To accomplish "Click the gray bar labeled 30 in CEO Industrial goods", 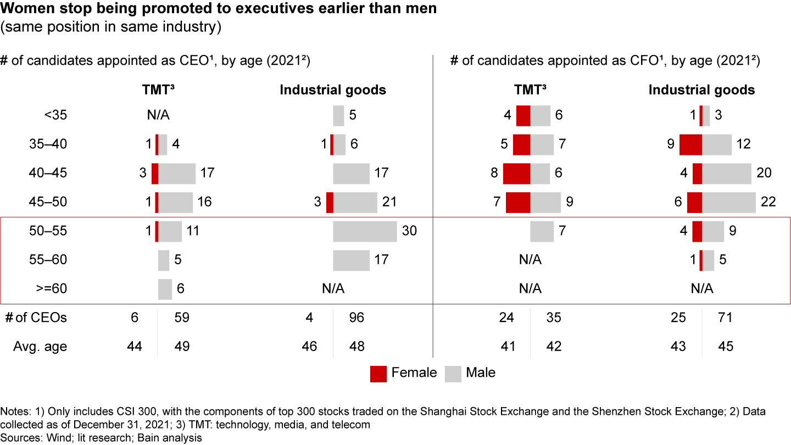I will click(x=365, y=231).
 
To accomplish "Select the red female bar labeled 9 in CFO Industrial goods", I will click(x=690, y=144).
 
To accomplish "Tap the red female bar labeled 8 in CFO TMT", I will click(x=516, y=173).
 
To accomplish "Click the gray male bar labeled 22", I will click(x=729, y=202).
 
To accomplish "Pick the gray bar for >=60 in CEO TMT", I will click(x=165, y=289).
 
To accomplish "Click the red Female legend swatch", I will click(x=378, y=374).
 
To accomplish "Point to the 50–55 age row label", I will click(x=48, y=231).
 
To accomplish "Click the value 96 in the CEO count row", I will click(x=356, y=318).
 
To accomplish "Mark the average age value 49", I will click(x=181, y=347).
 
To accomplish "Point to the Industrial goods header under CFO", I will click(x=701, y=90).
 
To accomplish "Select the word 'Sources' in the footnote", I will click(x=17, y=438).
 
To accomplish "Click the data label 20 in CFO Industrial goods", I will click(x=764, y=173).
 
